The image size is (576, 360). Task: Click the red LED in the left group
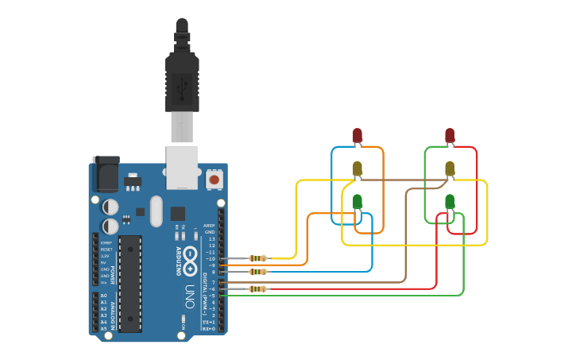[x=358, y=134]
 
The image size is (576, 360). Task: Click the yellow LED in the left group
[x=358, y=168]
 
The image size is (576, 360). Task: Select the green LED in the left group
[x=358, y=201]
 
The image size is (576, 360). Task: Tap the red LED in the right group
[x=450, y=134]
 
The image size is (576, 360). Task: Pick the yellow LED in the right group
[x=450, y=168]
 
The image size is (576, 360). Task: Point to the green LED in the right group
[x=450, y=201]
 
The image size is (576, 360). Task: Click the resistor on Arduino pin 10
[x=258, y=258]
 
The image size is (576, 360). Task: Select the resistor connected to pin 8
[x=258, y=272]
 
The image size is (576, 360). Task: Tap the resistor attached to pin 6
[x=258, y=288]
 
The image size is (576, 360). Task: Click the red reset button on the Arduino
[x=214, y=180]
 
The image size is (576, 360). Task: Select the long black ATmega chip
[x=130, y=283]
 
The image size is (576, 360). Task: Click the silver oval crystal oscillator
[x=155, y=211]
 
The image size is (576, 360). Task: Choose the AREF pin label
[x=210, y=226]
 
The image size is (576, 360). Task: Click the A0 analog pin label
[x=103, y=296]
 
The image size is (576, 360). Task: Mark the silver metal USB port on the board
[x=182, y=165]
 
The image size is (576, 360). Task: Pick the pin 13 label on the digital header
[x=211, y=238]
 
